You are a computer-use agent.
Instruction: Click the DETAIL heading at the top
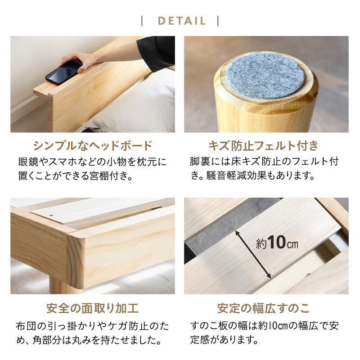181,21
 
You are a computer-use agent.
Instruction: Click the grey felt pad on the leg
265,76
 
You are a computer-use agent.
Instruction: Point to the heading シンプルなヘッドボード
93,146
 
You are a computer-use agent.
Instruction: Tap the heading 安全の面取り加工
93,308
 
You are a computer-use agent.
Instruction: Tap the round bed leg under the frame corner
61,286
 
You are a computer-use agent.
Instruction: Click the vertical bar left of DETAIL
142,21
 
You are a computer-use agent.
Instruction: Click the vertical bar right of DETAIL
218,21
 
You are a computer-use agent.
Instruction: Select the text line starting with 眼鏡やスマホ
92,162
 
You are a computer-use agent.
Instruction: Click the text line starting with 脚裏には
264,162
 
